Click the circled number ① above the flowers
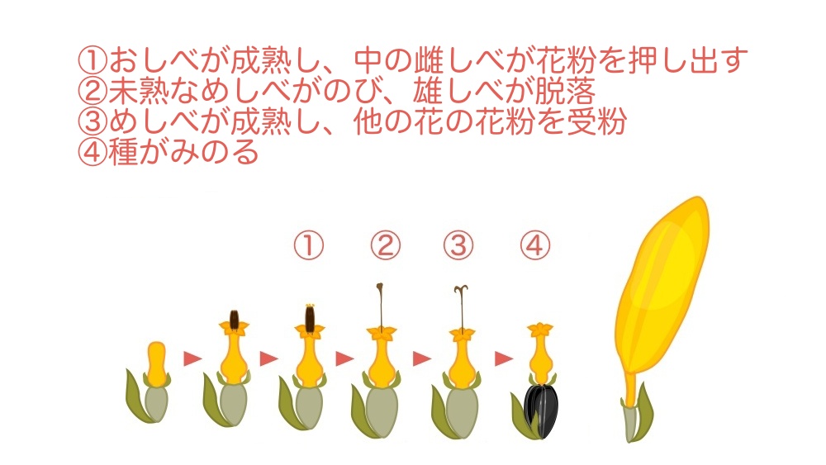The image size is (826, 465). coord(309,245)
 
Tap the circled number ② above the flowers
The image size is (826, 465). coord(385,245)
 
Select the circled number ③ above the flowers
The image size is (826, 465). coord(458,245)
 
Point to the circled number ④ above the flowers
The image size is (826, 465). coord(534,245)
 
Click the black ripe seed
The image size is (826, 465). coord(541,410)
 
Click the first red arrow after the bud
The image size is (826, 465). coord(192,358)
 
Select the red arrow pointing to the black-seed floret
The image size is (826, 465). coord(504,358)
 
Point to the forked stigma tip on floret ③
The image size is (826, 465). coord(461,290)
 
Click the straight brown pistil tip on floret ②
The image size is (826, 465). coord(379,288)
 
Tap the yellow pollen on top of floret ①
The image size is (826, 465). coord(310,306)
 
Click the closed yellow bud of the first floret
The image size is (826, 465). coord(156,363)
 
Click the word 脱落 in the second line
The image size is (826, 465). coord(566,91)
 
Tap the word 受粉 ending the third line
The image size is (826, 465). coord(597,121)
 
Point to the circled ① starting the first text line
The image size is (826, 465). coord(93,60)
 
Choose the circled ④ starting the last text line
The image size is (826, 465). coord(93,152)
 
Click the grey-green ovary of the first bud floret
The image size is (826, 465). coord(156,403)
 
